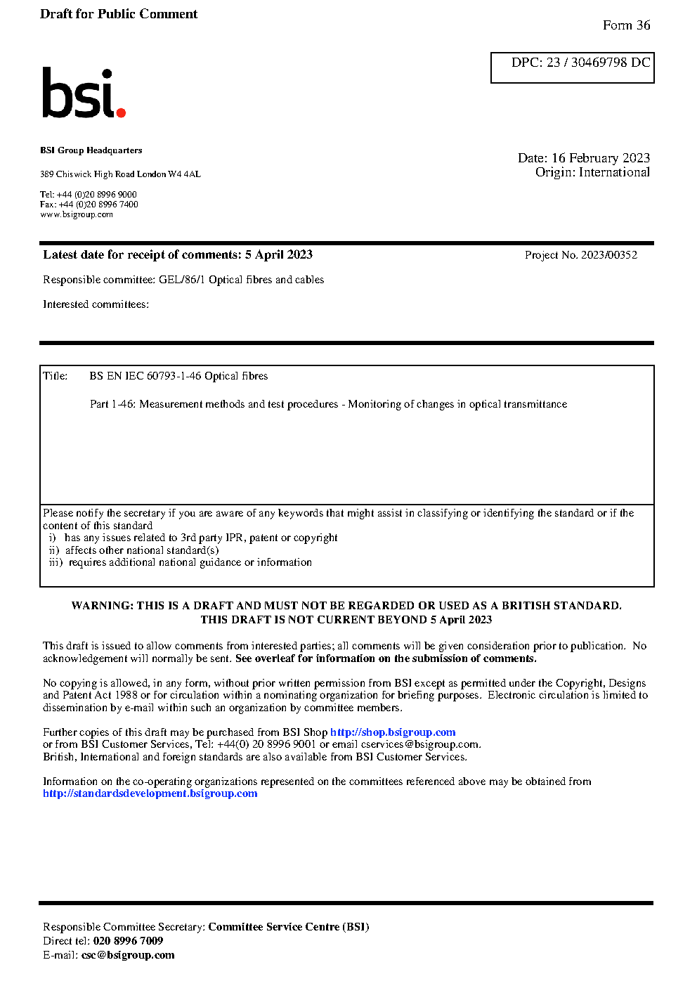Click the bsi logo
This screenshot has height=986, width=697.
pyautogui.click(x=82, y=93)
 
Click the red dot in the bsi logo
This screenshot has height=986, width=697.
pyautogui.click(x=121, y=112)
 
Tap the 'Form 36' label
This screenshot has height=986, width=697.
pyautogui.click(x=626, y=25)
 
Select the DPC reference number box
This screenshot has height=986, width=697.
pyautogui.click(x=572, y=67)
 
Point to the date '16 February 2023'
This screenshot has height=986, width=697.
pyautogui.click(x=600, y=158)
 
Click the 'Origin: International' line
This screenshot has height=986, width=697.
pyautogui.click(x=592, y=172)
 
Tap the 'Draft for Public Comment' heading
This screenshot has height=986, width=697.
pyautogui.click(x=119, y=14)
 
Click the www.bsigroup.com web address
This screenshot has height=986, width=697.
pyautogui.click(x=77, y=214)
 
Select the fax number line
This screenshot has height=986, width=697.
pyautogui.click(x=89, y=205)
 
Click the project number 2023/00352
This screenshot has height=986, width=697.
pyautogui.click(x=608, y=255)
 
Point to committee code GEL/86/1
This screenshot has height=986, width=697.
pyautogui.click(x=182, y=280)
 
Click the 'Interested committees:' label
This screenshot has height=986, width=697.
pyautogui.click(x=96, y=304)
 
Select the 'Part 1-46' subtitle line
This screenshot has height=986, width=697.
pyautogui.click(x=328, y=404)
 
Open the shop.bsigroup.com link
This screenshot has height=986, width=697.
pyautogui.click(x=393, y=732)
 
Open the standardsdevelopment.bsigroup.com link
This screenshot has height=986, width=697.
pyautogui.click(x=150, y=793)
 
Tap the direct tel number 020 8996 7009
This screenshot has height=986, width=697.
pyautogui.click(x=128, y=941)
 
